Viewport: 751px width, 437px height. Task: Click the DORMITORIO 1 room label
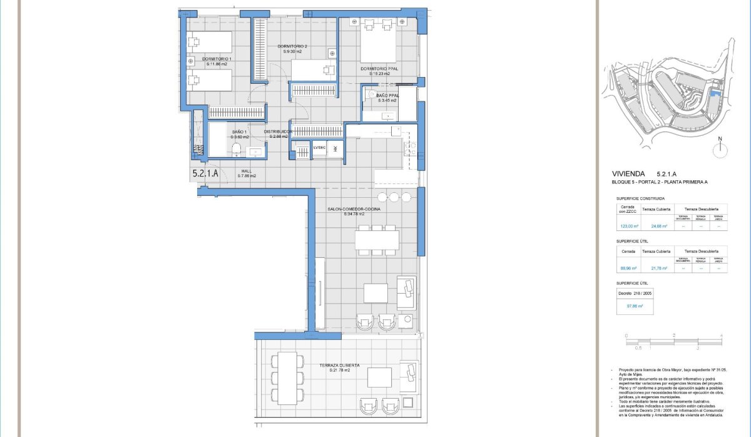pyautogui.click(x=217, y=59)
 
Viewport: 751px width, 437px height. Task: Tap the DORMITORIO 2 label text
pyautogui.click(x=292, y=47)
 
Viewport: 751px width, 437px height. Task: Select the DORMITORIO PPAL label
pyautogui.click(x=379, y=69)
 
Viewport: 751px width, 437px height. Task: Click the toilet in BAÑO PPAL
pyautogui.click(x=370, y=95)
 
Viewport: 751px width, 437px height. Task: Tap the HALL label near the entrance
pyautogui.click(x=247, y=171)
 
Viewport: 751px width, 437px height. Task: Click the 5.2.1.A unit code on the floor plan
pyautogui.click(x=205, y=174)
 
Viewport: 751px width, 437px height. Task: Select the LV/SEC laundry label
pyautogui.click(x=320, y=148)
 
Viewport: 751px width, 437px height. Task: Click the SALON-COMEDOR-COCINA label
pyautogui.click(x=354, y=209)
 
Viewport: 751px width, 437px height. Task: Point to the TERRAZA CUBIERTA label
pyautogui.click(x=339, y=365)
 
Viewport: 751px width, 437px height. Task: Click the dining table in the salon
pyautogui.click(x=377, y=239)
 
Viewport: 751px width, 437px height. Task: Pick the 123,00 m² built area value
pyautogui.click(x=628, y=227)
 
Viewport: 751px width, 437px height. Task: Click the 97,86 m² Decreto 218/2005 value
pyautogui.click(x=635, y=307)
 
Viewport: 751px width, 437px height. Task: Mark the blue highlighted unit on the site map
pyautogui.click(x=715, y=95)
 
